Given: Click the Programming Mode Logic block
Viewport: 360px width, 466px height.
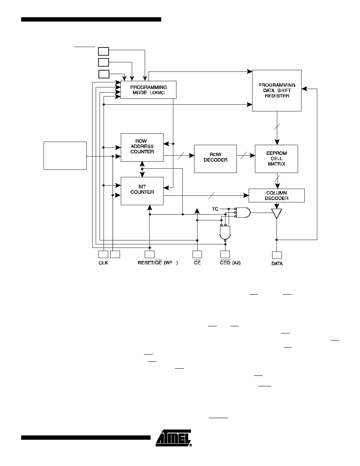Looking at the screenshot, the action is click(x=148, y=90).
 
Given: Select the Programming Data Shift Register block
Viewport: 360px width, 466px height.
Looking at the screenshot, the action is click(x=277, y=91).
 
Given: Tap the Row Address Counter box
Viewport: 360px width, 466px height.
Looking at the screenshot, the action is click(x=142, y=147).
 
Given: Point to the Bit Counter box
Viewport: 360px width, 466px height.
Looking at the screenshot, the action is click(x=142, y=191).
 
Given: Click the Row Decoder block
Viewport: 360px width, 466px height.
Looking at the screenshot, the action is click(x=215, y=159).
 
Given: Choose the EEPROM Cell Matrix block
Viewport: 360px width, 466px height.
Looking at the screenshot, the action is click(x=276, y=159).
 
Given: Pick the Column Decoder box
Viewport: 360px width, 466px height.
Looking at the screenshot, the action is click(x=276, y=196).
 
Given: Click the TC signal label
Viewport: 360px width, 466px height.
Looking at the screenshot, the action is click(x=215, y=209).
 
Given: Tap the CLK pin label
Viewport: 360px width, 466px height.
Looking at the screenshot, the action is click(x=104, y=263).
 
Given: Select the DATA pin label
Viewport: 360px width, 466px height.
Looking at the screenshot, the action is click(x=277, y=264).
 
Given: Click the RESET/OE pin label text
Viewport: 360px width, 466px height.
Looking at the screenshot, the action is click(x=150, y=263).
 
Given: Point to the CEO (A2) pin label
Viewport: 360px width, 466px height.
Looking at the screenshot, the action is click(x=230, y=263).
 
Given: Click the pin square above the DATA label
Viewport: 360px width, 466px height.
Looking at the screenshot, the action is click(x=277, y=255).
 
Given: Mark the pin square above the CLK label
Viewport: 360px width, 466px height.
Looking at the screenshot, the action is click(x=104, y=255).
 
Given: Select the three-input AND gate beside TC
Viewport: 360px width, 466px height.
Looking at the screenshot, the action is click(x=243, y=213).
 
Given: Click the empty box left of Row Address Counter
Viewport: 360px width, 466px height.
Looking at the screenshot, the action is click(x=65, y=156).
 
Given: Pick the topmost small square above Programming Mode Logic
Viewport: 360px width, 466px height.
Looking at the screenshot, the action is click(x=104, y=51).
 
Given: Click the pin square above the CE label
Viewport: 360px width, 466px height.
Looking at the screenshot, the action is click(x=197, y=255).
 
